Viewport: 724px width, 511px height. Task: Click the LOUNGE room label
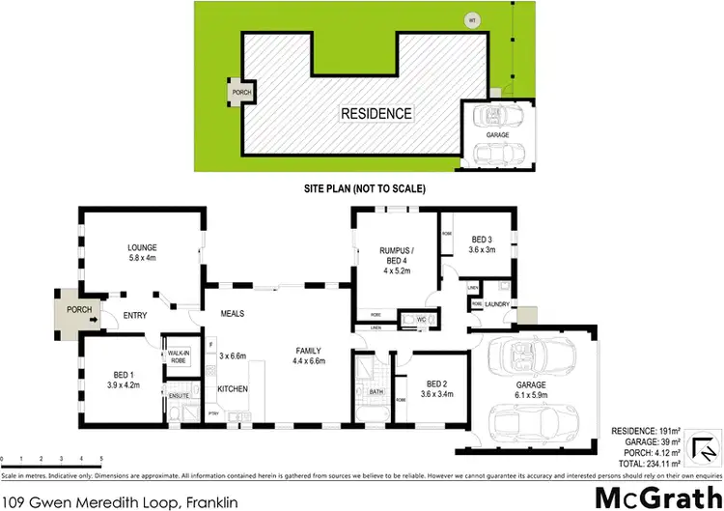[x=142, y=247]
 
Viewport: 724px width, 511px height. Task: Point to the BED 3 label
[x=484, y=239]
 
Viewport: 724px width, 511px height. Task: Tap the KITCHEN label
[x=233, y=388]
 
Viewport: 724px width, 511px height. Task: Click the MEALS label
[x=232, y=313]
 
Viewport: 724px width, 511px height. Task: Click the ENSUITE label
[x=180, y=396]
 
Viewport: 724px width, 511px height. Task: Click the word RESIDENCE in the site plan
[x=376, y=113]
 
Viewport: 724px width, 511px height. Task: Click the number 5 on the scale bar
[x=101, y=458]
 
